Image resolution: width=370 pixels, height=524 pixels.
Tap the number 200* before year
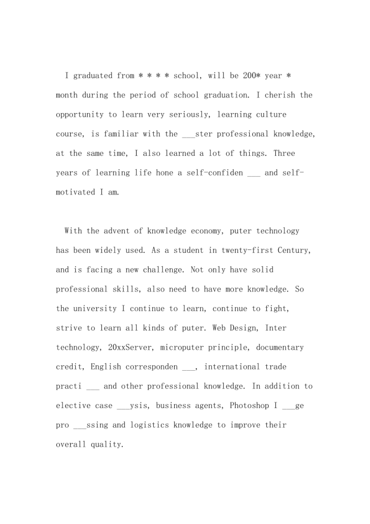coord(249,76)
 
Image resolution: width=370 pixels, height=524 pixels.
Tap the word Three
coord(284,153)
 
